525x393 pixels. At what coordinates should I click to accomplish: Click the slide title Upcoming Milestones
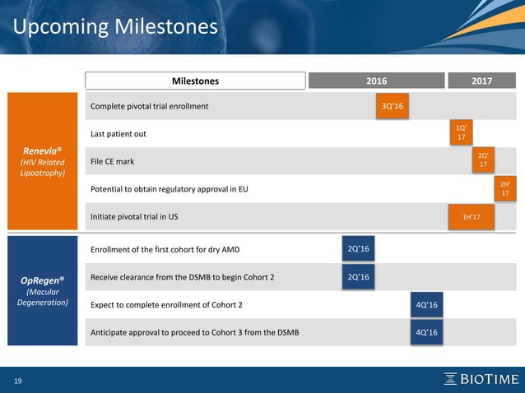tap(115, 27)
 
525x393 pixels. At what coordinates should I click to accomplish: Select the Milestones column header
tap(195, 81)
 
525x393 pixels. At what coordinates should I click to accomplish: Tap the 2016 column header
tap(375, 81)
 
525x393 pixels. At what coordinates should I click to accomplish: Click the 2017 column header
tap(481, 81)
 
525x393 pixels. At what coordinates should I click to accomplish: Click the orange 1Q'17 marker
tap(462, 133)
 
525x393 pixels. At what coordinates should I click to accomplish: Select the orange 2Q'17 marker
tap(483, 160)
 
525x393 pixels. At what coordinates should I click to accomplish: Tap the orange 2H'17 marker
tap(504, 188)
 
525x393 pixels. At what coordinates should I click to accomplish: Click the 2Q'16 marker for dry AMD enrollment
tap(358, 249)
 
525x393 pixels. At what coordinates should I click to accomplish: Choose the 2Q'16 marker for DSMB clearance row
tap(358, 277)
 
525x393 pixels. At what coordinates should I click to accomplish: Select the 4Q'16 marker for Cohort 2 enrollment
tap(426, 305)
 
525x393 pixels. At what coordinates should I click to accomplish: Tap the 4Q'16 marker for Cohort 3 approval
tap(426, 332)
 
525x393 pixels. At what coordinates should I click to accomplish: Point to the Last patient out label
tap(118, 134)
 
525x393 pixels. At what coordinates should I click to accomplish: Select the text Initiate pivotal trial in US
tap(134, 216)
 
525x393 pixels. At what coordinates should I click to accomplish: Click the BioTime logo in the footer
tap(481, 378)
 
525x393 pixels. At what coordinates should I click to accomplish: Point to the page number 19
tap(16, 380)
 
